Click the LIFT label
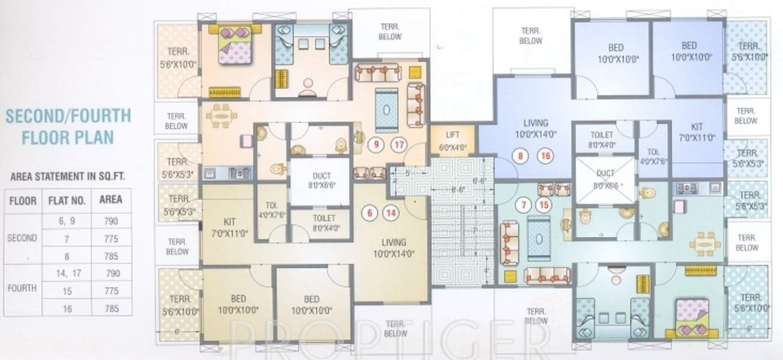tap(453, 135)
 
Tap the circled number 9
tap(376, 144)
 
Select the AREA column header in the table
tap(112, 200)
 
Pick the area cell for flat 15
tap(112, 291)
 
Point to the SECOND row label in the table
tap(22, 238)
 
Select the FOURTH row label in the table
tap(22, 288)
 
